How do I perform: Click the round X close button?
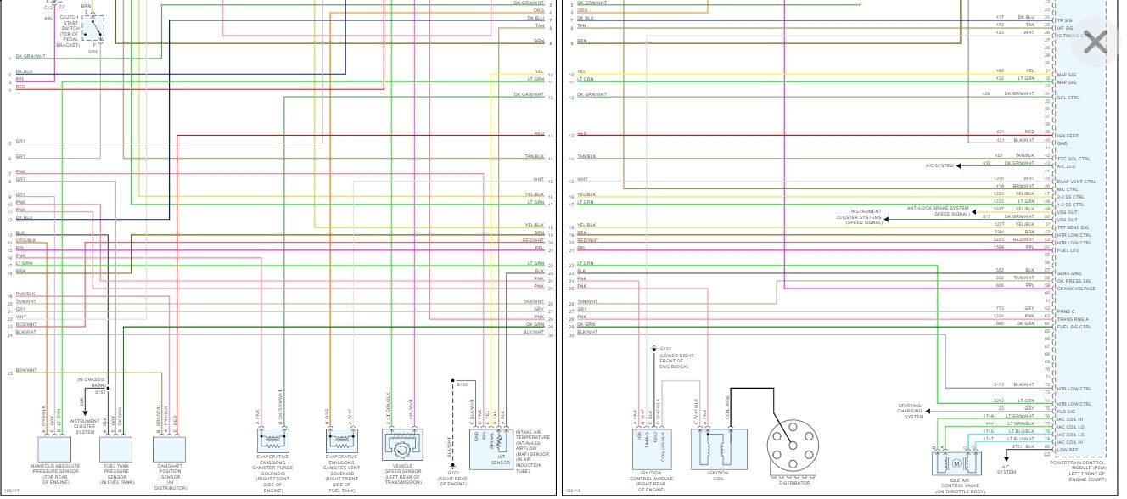(1096, 42)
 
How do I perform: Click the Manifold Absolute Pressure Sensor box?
(55, 449)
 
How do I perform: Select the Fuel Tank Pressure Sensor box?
(116, 449)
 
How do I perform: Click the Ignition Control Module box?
(652, 446)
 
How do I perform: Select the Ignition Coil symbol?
(710, 446)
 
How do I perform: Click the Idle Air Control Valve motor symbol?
(956, 463)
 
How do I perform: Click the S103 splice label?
(462, 384)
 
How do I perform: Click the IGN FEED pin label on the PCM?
(1067, 136)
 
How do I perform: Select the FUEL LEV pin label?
(1068, 249)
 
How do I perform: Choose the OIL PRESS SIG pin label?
(1073, 281)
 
